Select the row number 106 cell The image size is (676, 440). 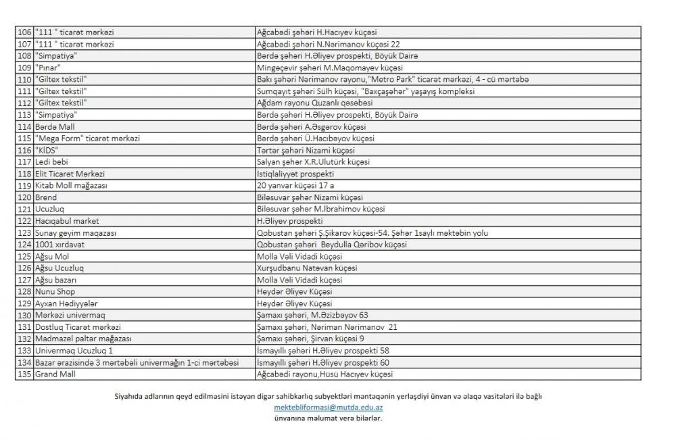click(24, 32)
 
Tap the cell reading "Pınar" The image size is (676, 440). click(49, 68)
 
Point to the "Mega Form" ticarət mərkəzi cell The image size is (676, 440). click(88, 139)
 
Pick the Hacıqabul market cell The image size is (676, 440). click(67, 221)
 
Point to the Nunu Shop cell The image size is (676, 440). click(55, 291)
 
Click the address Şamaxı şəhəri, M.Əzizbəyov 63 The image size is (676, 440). click(312, 315)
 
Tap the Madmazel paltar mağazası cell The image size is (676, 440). click(83, 339)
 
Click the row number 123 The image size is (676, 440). click(24, 233)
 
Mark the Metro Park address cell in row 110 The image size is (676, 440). click(393, 80)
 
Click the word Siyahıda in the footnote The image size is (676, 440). click(130, 397)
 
